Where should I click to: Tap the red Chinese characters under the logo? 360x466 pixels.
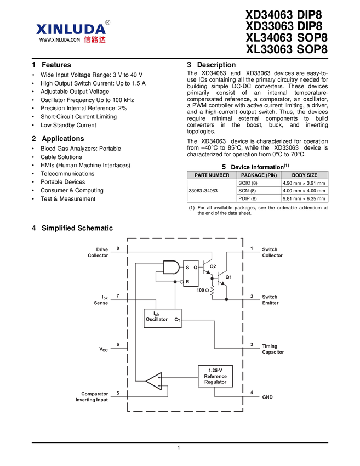click(95, 39)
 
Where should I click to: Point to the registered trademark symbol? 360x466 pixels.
click(108, 22)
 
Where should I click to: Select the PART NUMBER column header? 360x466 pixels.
click(212, 175)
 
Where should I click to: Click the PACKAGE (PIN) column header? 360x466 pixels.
click(259, 175)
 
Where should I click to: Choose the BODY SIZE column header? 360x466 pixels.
click(304, 175)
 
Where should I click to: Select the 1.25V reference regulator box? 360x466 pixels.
click(215, 376)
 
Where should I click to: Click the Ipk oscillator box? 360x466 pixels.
click(162, 318)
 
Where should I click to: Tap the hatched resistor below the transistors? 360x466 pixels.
click(212, 290)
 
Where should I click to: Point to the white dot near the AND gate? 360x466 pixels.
click(182, 282)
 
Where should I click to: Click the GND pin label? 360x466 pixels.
click(267, 396)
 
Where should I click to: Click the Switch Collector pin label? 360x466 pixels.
click(272, 252)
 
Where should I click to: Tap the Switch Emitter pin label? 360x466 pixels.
click(271, 299)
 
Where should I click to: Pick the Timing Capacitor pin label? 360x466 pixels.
click(273, 349)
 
